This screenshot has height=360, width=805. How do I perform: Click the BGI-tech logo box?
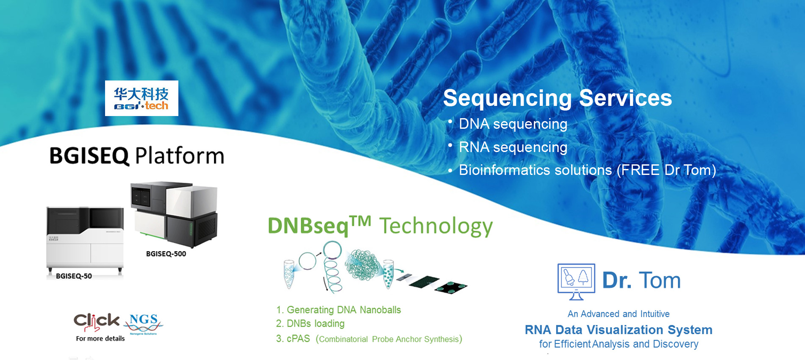click(x=142, y=98)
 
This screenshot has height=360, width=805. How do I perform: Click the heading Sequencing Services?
click(x=558, y=98)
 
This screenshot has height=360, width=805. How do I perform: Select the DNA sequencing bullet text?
click(x=513, y=124)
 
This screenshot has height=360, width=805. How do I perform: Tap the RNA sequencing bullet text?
click(x=513, y=147)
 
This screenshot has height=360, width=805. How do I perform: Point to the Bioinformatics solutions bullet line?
click(x=588, y=170)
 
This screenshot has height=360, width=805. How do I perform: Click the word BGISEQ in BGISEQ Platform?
click(x=89, y=156)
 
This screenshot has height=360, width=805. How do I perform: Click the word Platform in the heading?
click(x=180, y=155)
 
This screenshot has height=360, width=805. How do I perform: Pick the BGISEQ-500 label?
click(x=166, y=254)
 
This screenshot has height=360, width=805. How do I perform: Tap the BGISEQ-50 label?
click(x=74, y=276)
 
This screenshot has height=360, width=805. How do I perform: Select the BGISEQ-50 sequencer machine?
click(x=85, y=239)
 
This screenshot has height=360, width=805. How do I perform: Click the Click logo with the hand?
click(x=97, y=322)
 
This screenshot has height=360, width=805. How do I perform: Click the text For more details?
click(x=100, y=338)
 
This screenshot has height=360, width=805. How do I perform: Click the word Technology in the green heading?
click(x=436, y=226)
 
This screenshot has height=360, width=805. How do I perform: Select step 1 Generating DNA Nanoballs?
click(x=339, y=310)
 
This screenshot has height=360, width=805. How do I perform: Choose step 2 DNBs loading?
click(x=310, y=324)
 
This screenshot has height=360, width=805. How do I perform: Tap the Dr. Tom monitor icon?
click(x=576, y=282)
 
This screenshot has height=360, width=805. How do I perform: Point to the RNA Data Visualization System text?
click(x=619, y=330)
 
